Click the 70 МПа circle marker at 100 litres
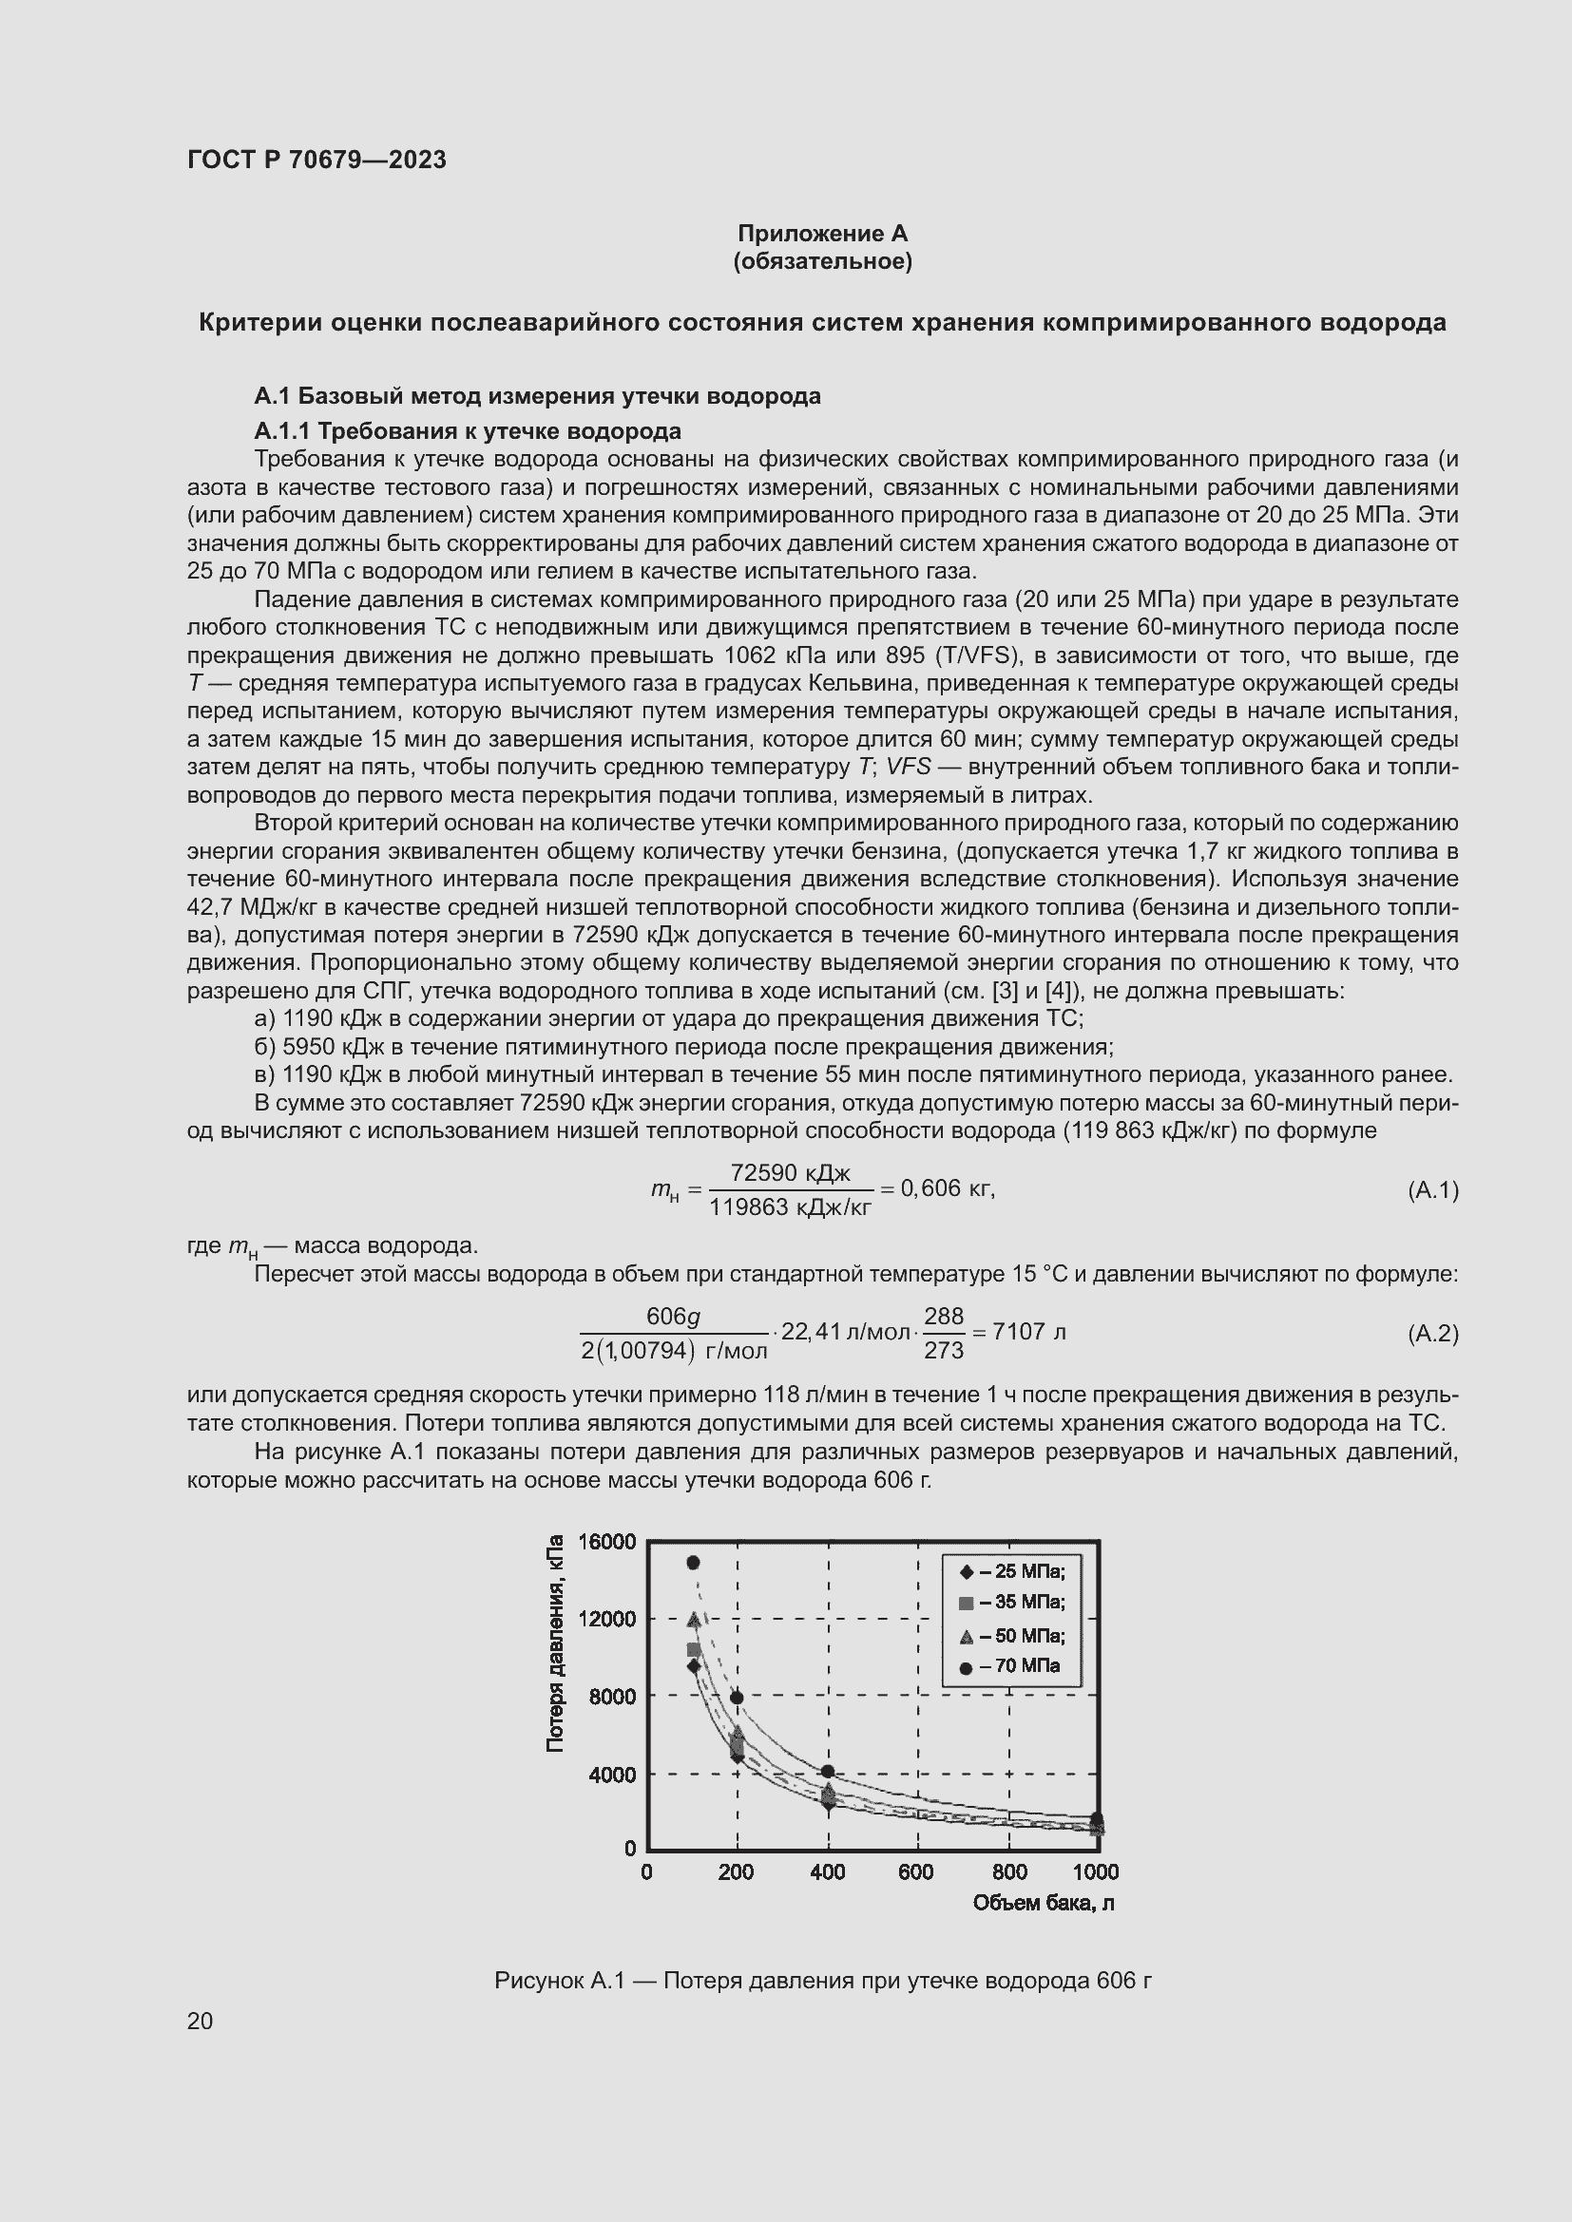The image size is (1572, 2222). click(x=693, y=1562)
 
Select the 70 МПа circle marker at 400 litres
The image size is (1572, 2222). click(x=827, y=1771)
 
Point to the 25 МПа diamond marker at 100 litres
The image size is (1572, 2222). click(x=693, y=1665)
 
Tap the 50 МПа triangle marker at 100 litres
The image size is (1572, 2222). click(x=693, y=1618)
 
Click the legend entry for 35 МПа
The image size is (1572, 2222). click(x=1012, y=1603)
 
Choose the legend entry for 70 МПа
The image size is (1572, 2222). click(x=1012, y=1666)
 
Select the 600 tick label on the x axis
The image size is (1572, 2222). click(x=915, y=1872)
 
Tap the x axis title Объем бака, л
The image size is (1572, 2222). click(x=1043, y=1904)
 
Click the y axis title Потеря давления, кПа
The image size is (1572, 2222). click(x=555, y=1643)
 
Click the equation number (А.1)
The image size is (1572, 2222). click(x=1431, y=1189)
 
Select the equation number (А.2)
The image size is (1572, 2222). click(x=1431, y=1334)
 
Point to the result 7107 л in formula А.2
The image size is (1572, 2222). click(x=1029, y=1332)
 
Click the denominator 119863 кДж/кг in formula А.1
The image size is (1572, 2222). click(x=790, y=1206)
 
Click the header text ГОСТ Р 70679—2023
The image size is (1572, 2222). click(x=316, y=161)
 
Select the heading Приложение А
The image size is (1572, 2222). click(x=822, y=234)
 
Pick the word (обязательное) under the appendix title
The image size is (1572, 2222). click(x=822, y=261)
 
